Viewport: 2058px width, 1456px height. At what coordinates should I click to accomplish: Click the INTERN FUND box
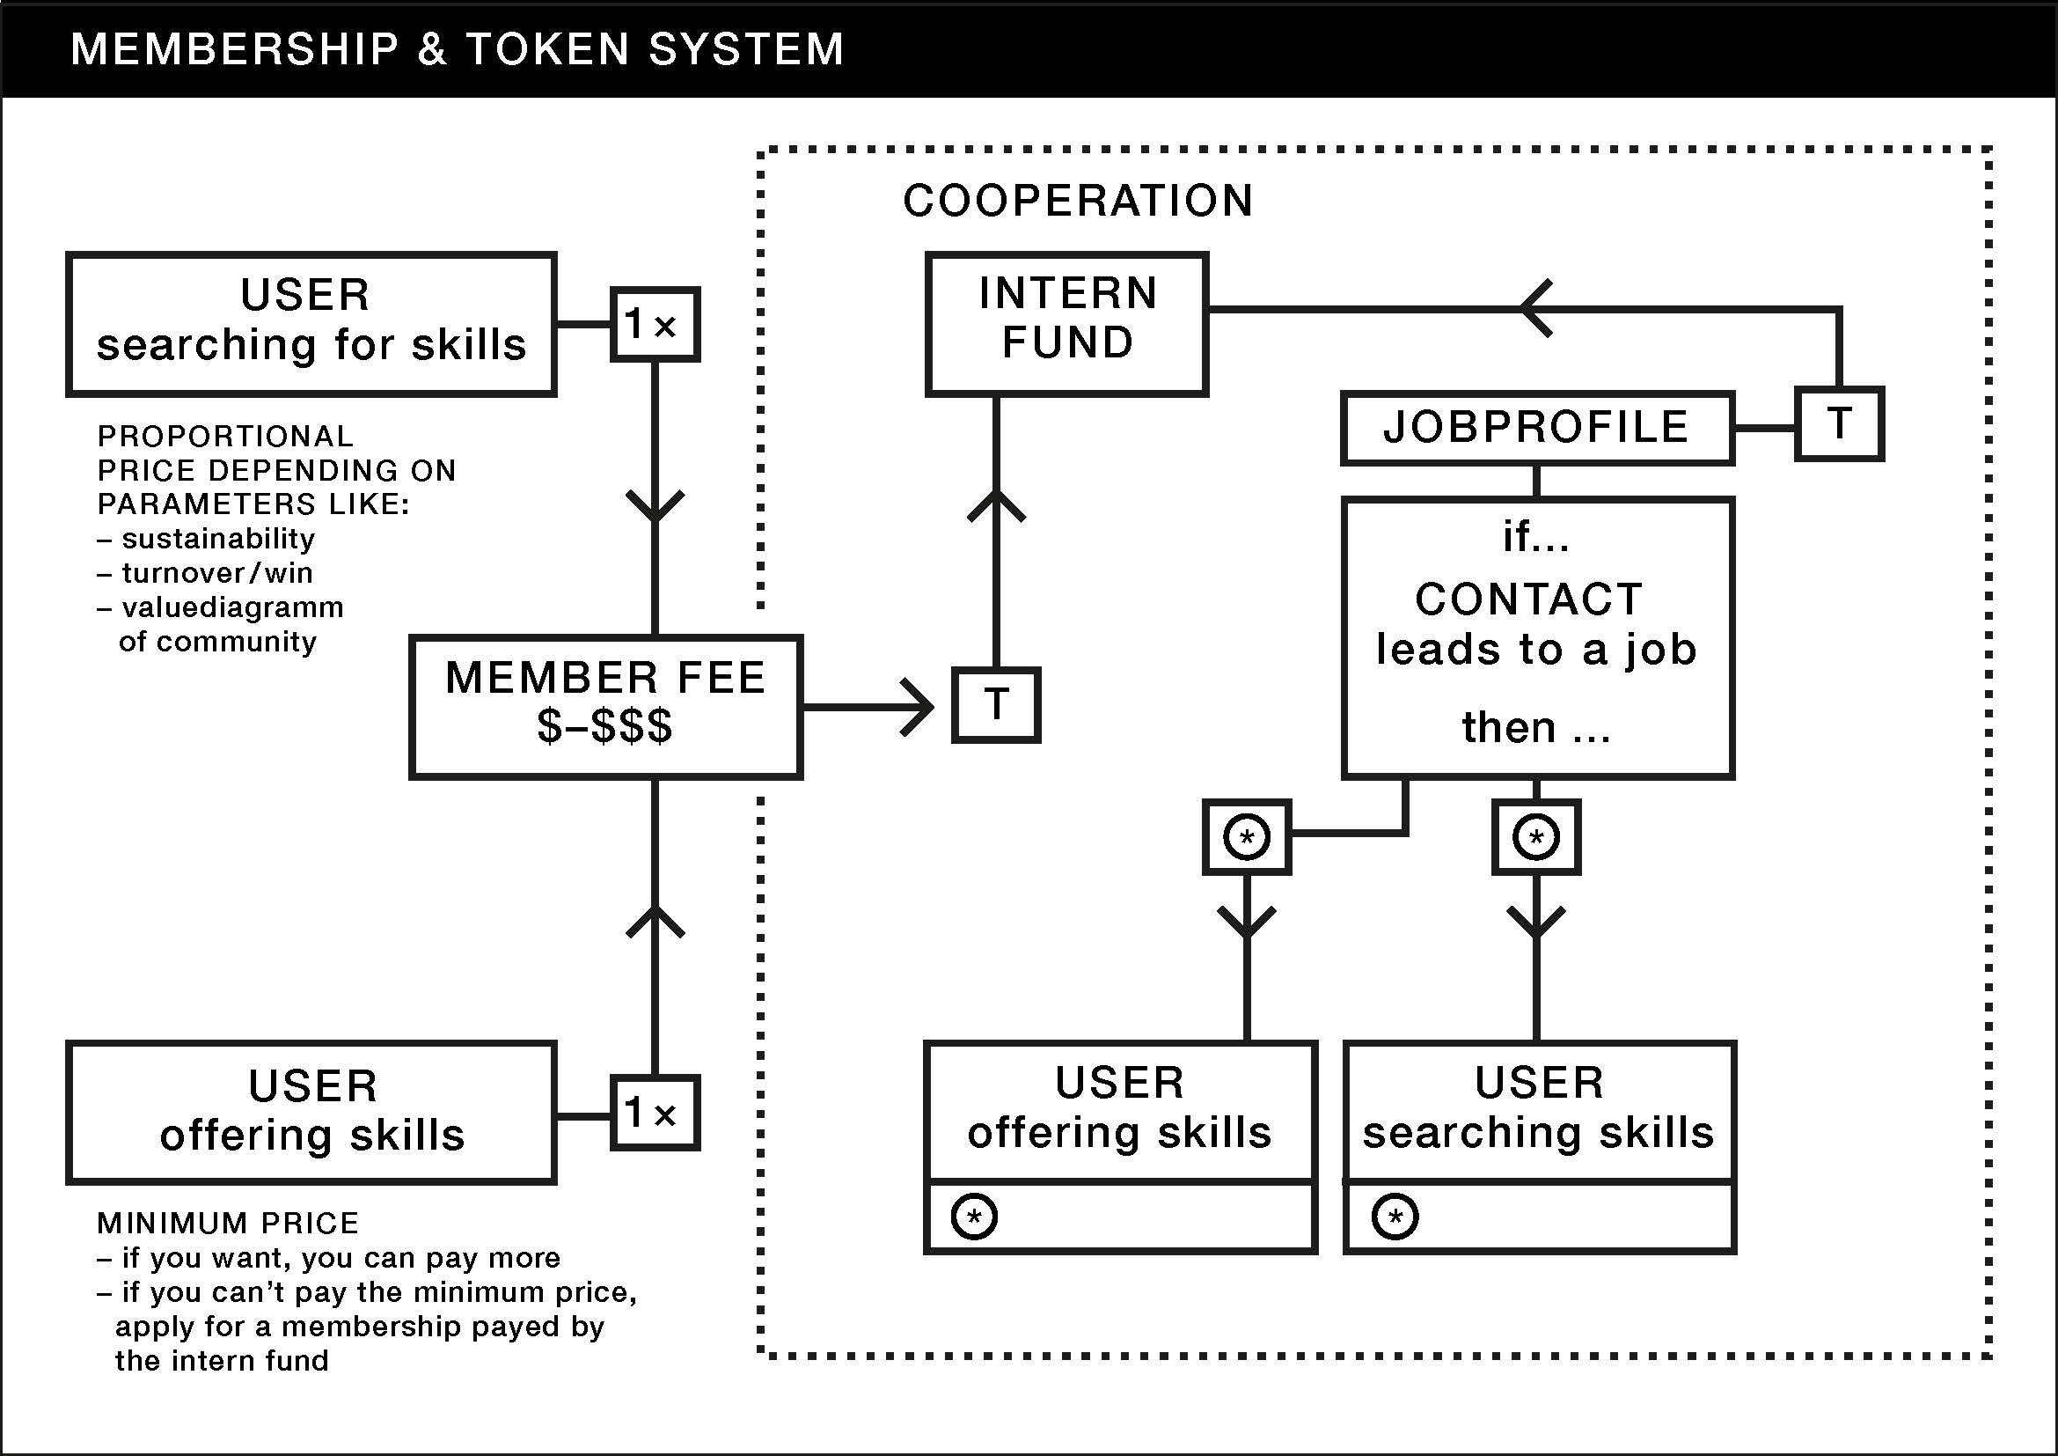1066,324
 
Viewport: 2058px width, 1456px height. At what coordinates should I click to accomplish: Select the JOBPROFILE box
1536,428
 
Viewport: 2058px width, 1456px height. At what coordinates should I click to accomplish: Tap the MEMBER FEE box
605,707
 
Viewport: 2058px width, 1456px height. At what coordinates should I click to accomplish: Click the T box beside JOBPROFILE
1838,424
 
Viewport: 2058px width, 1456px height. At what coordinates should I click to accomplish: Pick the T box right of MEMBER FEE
996,705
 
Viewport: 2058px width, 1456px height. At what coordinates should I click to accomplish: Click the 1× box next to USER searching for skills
655,325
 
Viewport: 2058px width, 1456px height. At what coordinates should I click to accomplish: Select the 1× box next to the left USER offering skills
655,1113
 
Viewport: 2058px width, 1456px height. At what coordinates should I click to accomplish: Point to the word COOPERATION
1078,201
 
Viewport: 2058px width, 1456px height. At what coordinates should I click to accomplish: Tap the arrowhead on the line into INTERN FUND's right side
1534,309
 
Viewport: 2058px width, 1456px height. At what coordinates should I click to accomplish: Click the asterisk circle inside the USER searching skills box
1395,1217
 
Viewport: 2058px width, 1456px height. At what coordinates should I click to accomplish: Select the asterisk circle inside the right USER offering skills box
974,1217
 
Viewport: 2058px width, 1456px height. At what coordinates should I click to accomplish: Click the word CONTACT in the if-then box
1528,599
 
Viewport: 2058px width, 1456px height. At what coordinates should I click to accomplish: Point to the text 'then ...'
1535,727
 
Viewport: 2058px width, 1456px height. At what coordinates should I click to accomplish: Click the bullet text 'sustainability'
218,539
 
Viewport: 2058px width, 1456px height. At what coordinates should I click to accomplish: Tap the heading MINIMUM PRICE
228,1223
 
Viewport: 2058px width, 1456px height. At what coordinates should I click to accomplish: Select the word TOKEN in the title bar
547,48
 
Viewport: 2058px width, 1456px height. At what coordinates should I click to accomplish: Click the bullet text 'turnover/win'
217,573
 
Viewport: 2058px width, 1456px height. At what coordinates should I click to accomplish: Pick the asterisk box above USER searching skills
1535,837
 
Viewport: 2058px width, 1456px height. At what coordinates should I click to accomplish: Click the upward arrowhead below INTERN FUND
996,507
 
